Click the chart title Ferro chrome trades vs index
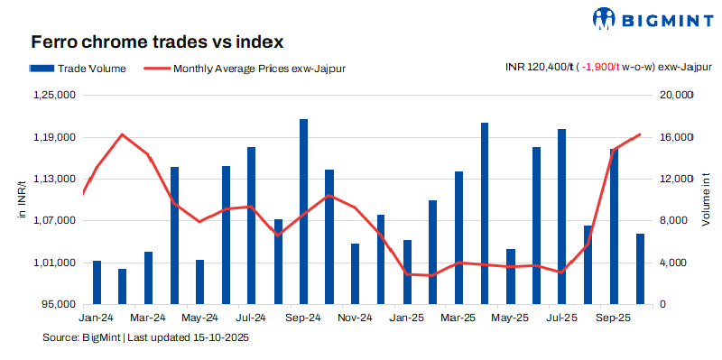[x=157, y=42]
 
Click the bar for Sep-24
[x=304, y=211]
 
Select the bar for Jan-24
[x=97, y=282]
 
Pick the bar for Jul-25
[x=562, y=217]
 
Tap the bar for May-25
[x=511, y=276]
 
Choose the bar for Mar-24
[x=148, y=278]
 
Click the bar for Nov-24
[x=356, y=273]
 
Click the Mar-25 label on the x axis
[x=458, y=318]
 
